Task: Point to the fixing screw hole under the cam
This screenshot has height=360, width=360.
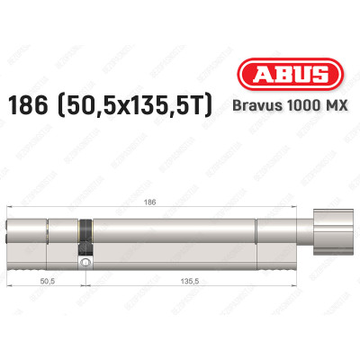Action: (85, 263)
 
